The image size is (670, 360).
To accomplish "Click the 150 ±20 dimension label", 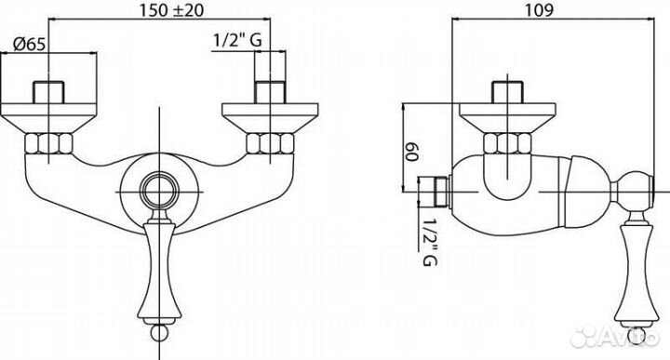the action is click(172, 10).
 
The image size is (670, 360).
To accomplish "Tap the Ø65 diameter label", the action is click(29, 44).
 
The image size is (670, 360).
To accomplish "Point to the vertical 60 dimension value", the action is click(411, 152).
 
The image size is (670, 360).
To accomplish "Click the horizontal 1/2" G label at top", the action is click(237, 40).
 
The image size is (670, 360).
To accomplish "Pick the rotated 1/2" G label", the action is click(429, 242).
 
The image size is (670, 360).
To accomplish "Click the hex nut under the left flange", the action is click(48, 143).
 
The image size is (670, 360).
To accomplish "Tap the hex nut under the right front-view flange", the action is click(270, 143).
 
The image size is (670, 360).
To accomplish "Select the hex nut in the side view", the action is click(507, 143).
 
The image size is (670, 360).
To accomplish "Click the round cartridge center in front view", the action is click(159, 192).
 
